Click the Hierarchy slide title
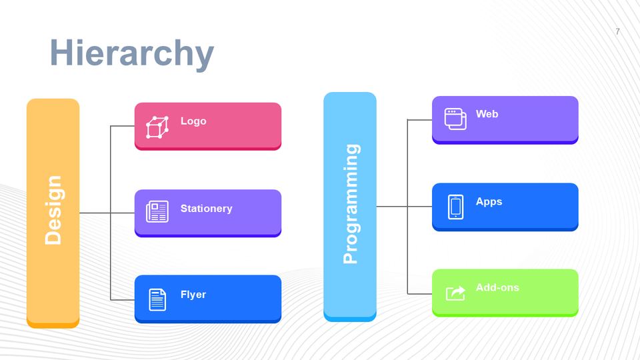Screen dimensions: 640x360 pos(132,53)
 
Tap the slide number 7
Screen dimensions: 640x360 pos(617,31)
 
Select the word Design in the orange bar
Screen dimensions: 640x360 pos(53,210)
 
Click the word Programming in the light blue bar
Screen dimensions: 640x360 pos(351,204)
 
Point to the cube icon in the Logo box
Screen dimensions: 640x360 pos(157,127)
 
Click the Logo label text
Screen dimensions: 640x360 pos(193,121)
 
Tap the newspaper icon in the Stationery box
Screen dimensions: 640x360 pos(157,211)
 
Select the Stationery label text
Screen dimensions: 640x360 pos(206,209)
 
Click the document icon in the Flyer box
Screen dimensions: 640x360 pos(157,299)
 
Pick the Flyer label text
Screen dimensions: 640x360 pos(193,295)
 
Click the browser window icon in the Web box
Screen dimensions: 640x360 pos(455,119)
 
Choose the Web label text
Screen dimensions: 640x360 pos(487,114)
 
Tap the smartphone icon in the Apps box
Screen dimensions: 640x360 pos(455,207)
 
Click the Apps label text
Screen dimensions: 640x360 pos(489,201)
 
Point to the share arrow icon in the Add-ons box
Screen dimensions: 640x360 pos(455,293)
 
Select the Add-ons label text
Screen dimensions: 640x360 pos(497,287)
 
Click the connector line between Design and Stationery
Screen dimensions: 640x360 pos(107,213)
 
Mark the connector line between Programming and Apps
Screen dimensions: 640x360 pos(404,206)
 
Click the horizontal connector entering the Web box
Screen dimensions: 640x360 pos(419,119)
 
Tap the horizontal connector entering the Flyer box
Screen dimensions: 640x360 pos(123,299)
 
